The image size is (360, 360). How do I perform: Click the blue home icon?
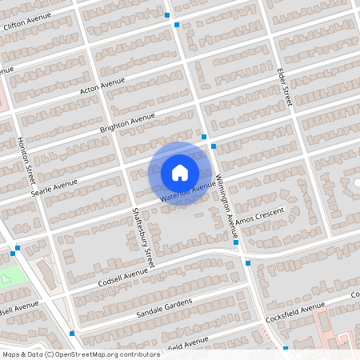pyautogui.click(x=180, y=172)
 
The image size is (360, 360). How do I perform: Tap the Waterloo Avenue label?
pyautogui.click(x=186, y=192)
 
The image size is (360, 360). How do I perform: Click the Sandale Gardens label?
pyautogui.click(x=164, y=305)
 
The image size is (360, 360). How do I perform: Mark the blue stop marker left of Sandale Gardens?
pyautogui.click(x=72, y=333)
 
